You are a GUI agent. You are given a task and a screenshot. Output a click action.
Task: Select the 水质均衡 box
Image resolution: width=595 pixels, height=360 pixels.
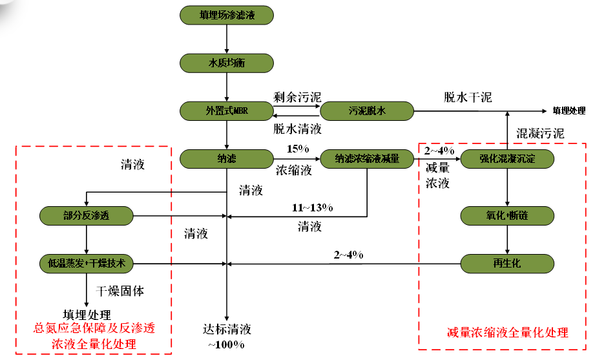tap(226, 63)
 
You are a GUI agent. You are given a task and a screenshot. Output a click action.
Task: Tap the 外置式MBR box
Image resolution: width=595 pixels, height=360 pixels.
tap(226, 111)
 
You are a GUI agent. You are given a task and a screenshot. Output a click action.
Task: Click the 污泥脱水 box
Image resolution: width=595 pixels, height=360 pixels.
tap(367, 111)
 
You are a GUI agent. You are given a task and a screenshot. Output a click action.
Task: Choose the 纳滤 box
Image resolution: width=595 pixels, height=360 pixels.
tap(226, 158)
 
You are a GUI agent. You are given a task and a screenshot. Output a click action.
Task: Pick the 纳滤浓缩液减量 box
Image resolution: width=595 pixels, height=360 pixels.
tap(367, 158)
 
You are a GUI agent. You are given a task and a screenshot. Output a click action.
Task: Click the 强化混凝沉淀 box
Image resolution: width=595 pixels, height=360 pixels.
tap(507, 158)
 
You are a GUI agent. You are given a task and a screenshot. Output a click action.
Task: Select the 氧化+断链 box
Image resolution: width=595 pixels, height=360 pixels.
tap(507, 215)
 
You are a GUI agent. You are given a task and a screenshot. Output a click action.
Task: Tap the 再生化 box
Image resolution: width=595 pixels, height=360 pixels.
tap(507, 264)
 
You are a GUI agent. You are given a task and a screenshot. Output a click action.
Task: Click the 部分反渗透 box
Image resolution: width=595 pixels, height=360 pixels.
tap(87, 215)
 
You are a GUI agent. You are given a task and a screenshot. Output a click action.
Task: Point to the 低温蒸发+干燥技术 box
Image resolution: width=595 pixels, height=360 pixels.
tap(87, 264)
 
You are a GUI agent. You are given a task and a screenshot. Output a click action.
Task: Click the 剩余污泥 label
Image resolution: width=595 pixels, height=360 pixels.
tap(297, 98)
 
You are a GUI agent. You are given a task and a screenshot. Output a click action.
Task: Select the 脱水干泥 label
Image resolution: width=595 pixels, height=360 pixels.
tap(468, 98)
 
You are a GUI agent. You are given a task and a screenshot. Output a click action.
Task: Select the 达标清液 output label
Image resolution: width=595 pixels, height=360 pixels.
tap(225, 330)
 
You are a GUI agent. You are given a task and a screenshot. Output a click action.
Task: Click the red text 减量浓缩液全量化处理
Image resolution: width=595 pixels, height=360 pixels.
tap(507, 333)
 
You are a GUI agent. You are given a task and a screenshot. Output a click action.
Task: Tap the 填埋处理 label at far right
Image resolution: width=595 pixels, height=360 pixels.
tap(569, 111)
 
